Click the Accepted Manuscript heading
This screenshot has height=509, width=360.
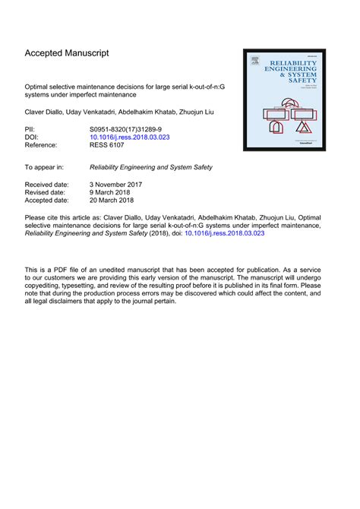click(67, 53)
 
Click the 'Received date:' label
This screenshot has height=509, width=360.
click(47, 185)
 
